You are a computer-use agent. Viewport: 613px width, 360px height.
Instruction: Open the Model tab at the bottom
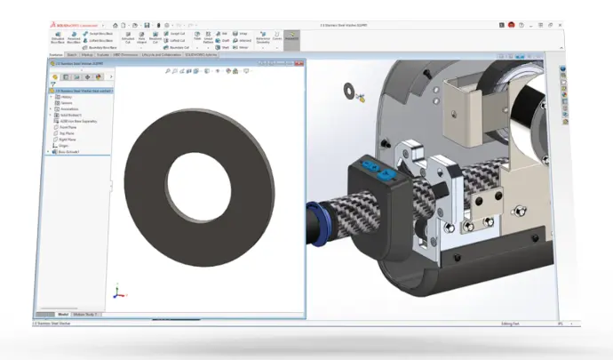[63, 315]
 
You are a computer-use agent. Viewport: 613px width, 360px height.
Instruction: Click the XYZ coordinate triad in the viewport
[117, 292]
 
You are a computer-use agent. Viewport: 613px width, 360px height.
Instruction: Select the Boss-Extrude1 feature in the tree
[68, 151]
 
